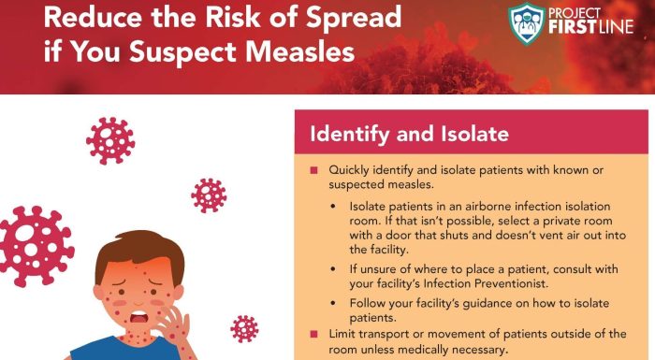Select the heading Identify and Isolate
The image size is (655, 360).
(x=409, y=135)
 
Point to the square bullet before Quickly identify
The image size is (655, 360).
(x=313, y=170)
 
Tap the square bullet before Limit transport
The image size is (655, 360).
(x=313, y=335)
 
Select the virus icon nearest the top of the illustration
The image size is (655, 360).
(x=110, y=140)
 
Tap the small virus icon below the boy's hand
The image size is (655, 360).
(x=244, y=328)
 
